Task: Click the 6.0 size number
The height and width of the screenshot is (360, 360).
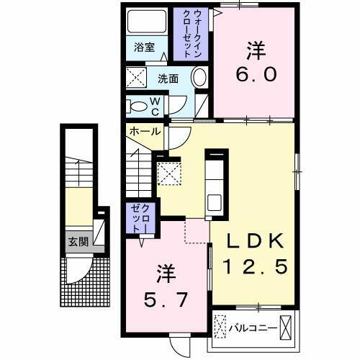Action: [x=255, y=75]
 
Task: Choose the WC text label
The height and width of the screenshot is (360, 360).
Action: [x=156, y=106]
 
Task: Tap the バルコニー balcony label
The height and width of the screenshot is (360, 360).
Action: [x=253, y=329]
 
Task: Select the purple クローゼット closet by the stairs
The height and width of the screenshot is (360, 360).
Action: [x=139, y=218]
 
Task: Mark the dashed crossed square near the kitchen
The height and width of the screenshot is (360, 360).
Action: [x=168, y=173]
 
